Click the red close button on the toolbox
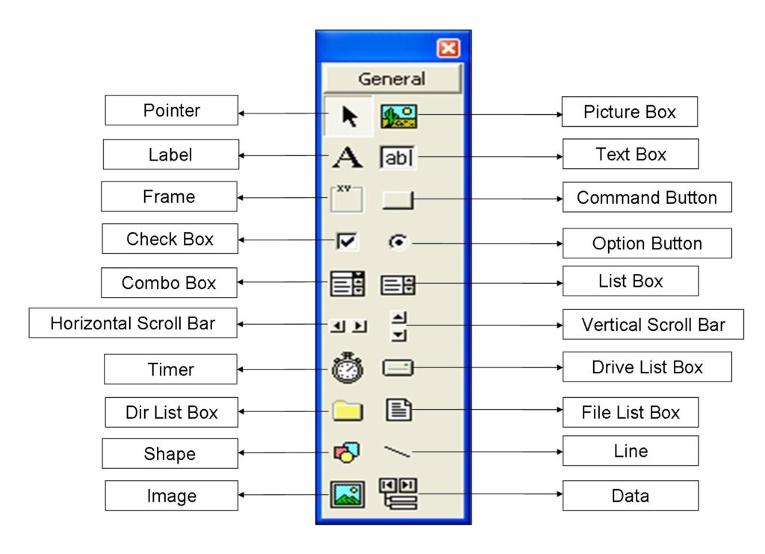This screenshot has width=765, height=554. [x=448, y=49]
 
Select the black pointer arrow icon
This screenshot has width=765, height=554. [x=349, y=116]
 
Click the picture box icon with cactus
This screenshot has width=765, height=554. [x=399, y=116]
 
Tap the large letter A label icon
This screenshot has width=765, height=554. [x=347, y=158]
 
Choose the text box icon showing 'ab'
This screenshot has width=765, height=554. [x=398, y=158]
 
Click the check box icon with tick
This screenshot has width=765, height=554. [x=347, y=240]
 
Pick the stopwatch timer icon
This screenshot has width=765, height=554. [x=347, y=367]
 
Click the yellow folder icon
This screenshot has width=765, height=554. [x=347, y=410]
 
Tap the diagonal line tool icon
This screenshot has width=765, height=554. [x=397, y=451]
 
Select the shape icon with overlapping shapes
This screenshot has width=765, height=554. [x=347, y=452]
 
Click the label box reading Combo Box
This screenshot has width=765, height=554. [x=169, y=283]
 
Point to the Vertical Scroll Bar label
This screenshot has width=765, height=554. [x=653, y=325]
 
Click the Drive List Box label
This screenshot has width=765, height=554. [x=647, y=367]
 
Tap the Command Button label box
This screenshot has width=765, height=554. [x=647, y=198]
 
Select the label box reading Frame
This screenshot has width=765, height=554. [x=169, y=196]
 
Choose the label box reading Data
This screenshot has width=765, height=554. [x=630, y=496]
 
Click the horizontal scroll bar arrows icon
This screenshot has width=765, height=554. [x=349, y=326]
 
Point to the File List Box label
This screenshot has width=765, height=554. [x=631, y=412]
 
